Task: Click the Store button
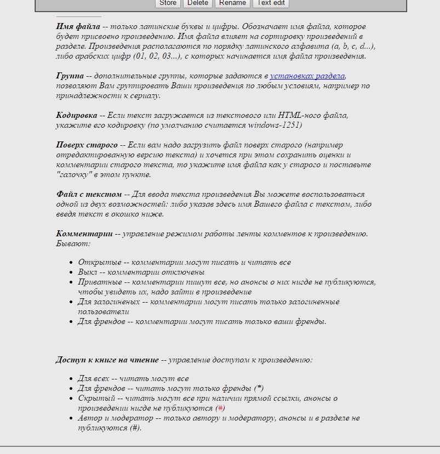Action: pos(168,3)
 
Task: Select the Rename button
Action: pos(232,3)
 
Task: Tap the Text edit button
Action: pos(271,3)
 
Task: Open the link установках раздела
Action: pos(307,76)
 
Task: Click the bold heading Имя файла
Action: pos(77,26)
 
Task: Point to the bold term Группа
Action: pos(70,76)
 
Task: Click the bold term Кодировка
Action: pos(76,115)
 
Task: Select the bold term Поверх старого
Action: pos(87,145)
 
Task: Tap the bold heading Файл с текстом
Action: pos(89,194)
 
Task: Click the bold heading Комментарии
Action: pos(84,234)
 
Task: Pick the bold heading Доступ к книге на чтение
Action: pos(107,360)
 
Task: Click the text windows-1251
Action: pos(273,125)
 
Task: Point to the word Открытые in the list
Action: pos(99,263)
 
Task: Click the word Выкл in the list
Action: pos(87,273)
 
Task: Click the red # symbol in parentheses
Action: pos(220,408)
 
